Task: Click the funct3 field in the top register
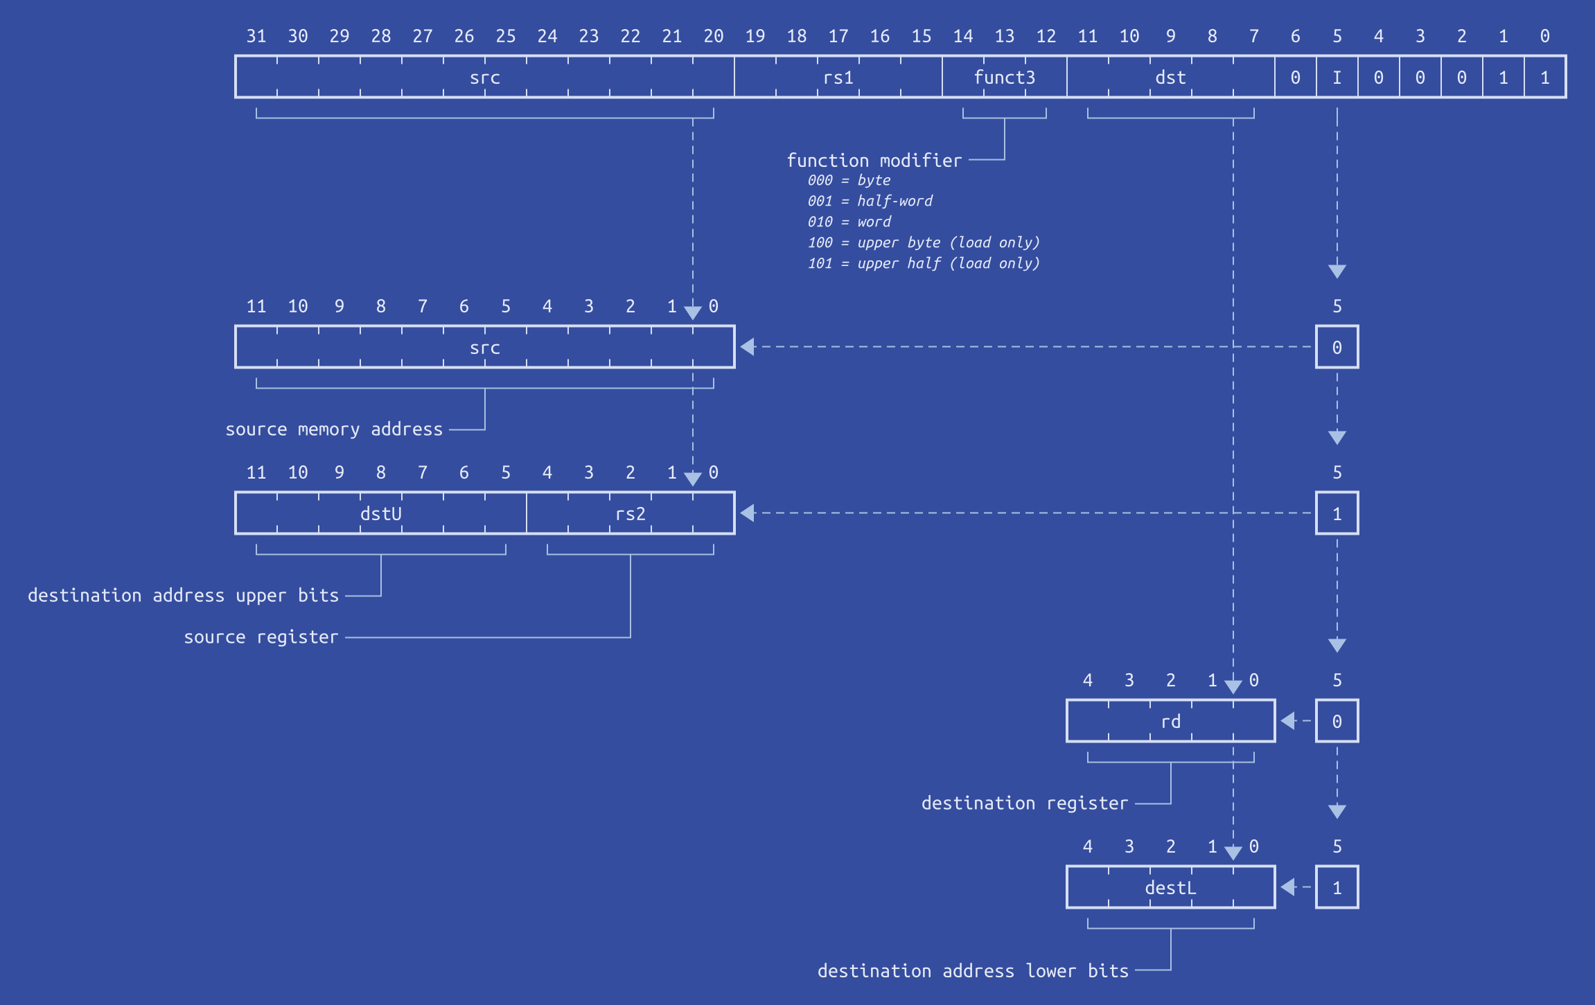(x=1004, y=77)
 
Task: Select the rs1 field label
(x=838, y=78)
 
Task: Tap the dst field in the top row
(x=1170, y=77)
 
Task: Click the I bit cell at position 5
(x=1337, y=77)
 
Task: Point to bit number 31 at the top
(x=256, y=36)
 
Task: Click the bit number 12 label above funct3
(x=1046, y=36)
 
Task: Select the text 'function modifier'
(x=874, y=160)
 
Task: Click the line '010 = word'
(x=849, y=222)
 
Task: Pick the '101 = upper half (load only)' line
(x=923, y=263)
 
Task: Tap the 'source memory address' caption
(x=333, y=429)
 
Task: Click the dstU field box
(x=380, y=513)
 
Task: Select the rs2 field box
(x=630, y=513)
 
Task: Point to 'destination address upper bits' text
(x=183, y=596)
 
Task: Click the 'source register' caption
(x=261, y=637)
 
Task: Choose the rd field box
(x=1170, y=721)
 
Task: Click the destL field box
(x=1170, y=887)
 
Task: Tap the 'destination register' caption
(x=1024, y=803)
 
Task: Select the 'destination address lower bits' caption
(x=973, y=971)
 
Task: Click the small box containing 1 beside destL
(x=1337, y=887)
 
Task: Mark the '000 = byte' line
(x=849, y=180)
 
